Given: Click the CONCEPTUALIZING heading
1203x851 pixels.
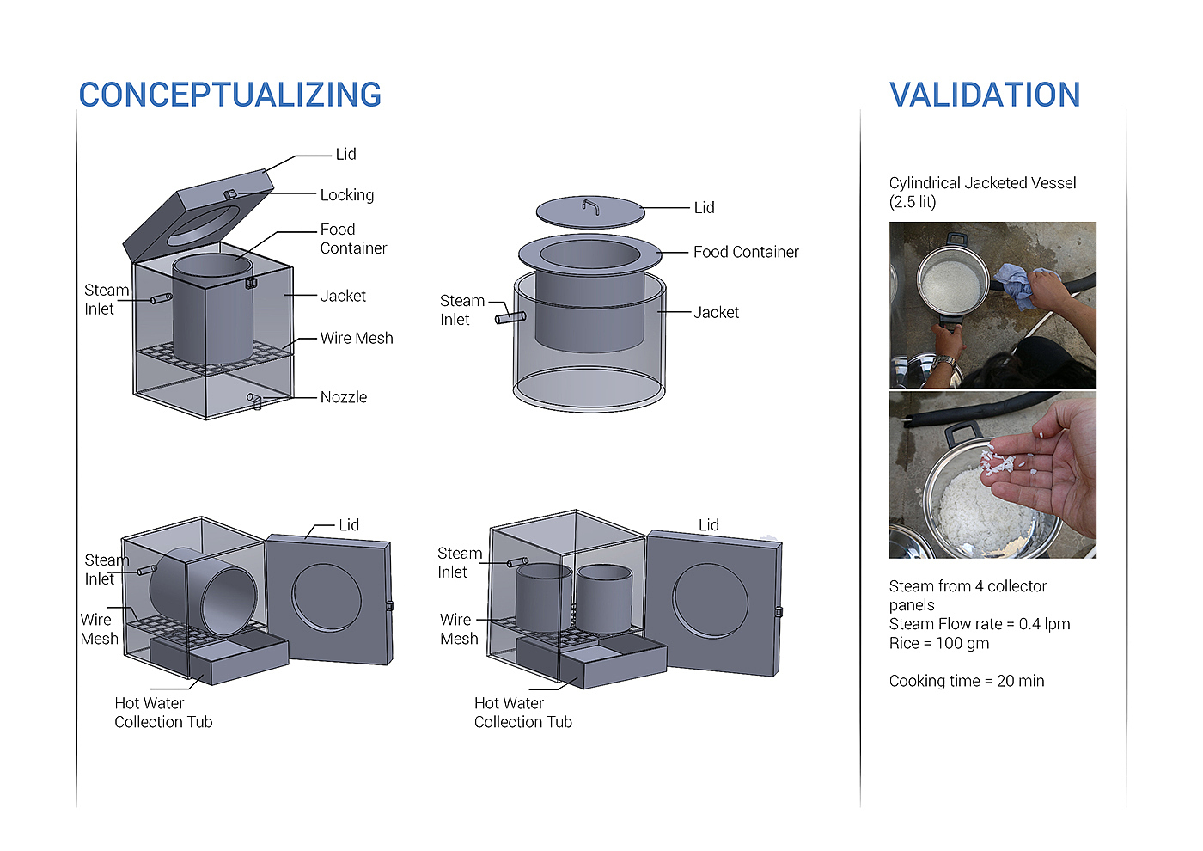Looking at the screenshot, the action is [x=230, y=95].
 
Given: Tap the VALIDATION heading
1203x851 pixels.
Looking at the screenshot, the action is [x=985, y=95].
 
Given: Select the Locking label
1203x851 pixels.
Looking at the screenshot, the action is [x=347, y=194].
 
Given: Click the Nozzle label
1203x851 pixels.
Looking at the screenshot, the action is [x=344, y=397].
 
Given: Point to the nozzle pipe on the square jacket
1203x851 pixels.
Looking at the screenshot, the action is [x=254, y=401].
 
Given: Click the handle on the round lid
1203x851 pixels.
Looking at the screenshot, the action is [x=590, y=207].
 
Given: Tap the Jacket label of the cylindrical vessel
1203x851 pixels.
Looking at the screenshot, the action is [x=716, y=312].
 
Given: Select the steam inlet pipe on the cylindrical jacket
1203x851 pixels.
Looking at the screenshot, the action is [x=510, y=318].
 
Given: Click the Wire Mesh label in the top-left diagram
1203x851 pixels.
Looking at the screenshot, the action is [x=357, y=338].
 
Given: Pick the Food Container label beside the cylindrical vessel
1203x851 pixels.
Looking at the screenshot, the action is [x=746, y=251].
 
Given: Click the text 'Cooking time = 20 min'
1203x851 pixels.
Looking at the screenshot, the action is [x=967, y=681].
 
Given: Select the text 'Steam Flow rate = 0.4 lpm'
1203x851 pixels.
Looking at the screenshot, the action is [x=980, y=624].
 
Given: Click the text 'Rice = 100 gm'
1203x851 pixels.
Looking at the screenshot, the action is [x=938, y=643].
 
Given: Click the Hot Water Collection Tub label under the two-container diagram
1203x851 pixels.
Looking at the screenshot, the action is [x=523, y=713].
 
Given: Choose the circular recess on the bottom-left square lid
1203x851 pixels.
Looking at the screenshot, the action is [x=327, y=597].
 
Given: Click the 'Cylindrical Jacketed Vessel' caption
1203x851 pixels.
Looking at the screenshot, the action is [x=982, y=182].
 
